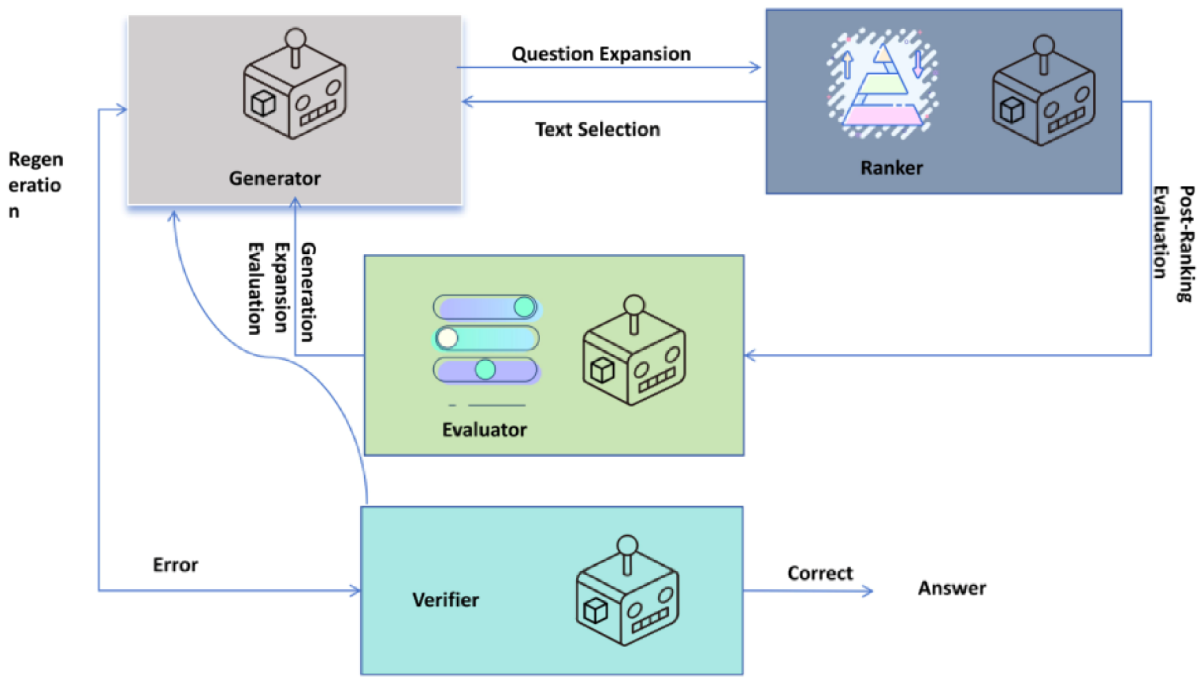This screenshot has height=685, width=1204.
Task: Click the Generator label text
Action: tap(275, 179)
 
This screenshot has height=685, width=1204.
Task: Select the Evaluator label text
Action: tap(484, 430)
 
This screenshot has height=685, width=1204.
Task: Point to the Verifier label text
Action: tap(446, 600)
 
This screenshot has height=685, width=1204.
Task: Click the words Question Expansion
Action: tap(601, 54)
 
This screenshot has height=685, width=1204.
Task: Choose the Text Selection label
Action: tap(598, 129)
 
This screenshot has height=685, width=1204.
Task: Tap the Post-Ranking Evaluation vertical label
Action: tap(1174, 244)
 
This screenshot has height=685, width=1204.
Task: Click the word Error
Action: tap(175, 565)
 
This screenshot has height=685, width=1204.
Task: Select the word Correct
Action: tap(820, 574)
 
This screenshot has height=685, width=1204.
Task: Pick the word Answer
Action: tap(951, 588)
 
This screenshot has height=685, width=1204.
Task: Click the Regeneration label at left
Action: tap(35, 185)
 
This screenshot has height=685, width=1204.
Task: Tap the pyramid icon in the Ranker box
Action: tap(882, 85)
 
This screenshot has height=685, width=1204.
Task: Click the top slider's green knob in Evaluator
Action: tap(524, 307)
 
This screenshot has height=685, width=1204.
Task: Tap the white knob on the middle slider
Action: tap(447, 338)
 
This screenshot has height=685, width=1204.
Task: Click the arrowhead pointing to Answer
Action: tap(868, 590)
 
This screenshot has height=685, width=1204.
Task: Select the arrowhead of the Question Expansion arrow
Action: tap(755, 68)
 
